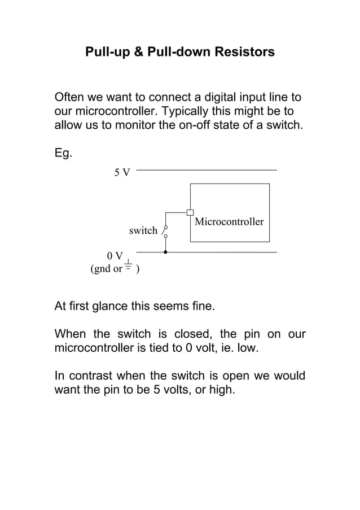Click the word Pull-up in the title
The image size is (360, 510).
click(x=106, y=53)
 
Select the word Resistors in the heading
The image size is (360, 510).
click(x=246, y=53)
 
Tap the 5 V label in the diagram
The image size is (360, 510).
click(x=121, y=172)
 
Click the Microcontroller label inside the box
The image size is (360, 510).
click(x=229, y=221)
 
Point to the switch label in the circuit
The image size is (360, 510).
click(x=143, y=230)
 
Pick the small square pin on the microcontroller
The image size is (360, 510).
click(x=190, y=212)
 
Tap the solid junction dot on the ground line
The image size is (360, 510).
click(x=165, y=252)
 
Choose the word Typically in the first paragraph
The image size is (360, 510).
click(x=219, y=111)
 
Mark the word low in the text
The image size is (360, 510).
click(x=247, y=348)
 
